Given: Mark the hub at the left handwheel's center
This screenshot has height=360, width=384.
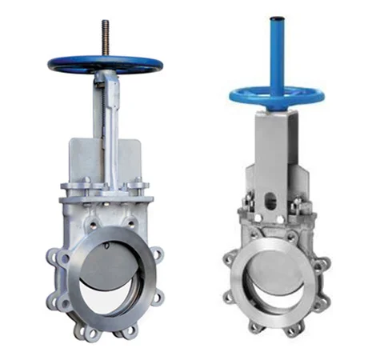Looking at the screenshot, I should (104, 64).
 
